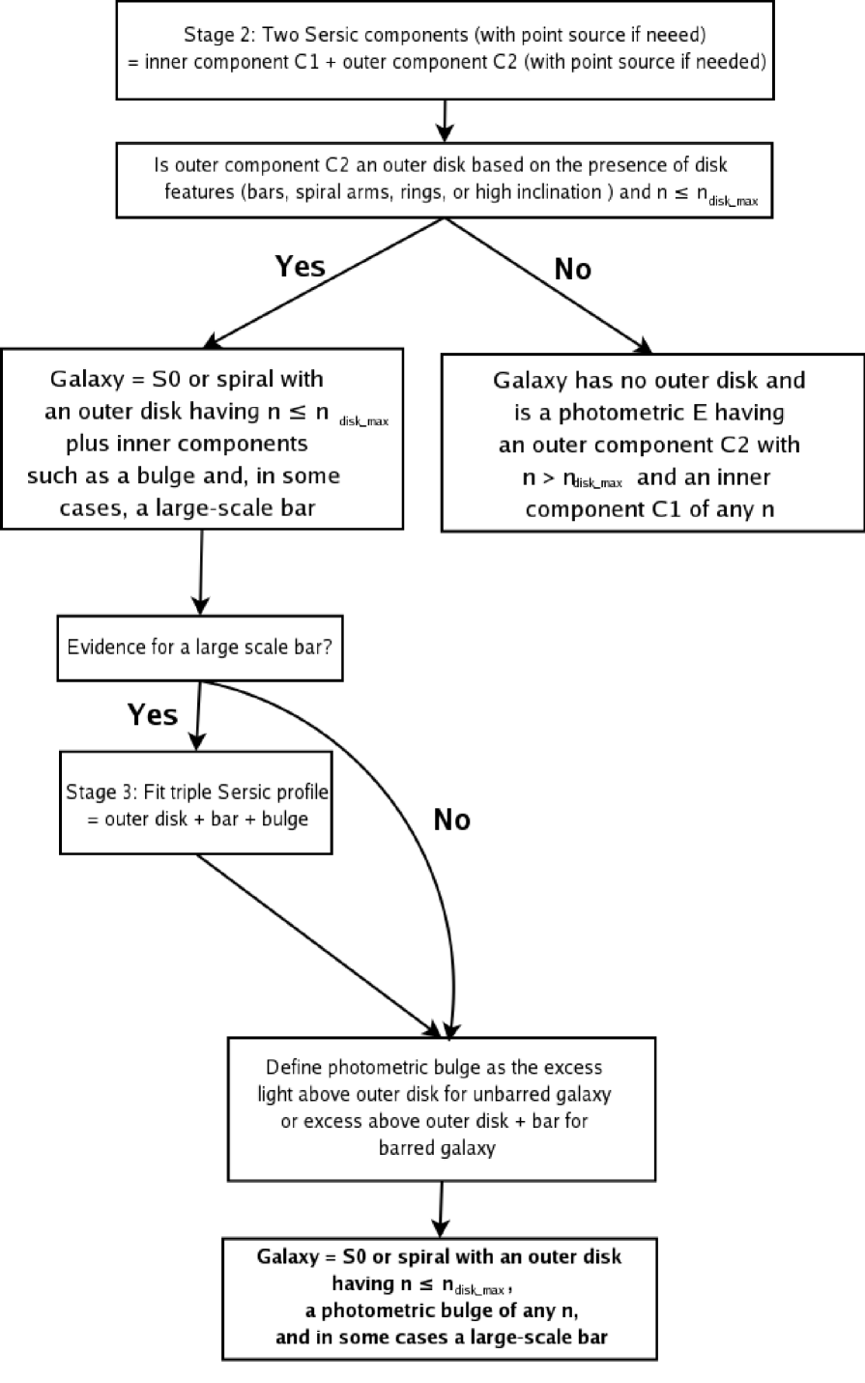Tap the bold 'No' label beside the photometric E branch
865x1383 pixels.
tap(572, 270)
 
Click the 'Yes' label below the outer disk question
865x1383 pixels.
tap(300, 266)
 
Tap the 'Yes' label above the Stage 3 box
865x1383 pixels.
tap(153, 714)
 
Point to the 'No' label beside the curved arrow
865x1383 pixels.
tap(451, 821)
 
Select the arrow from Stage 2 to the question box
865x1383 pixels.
tap(444, 122)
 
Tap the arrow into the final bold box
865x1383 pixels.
tap(441, 1208)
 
